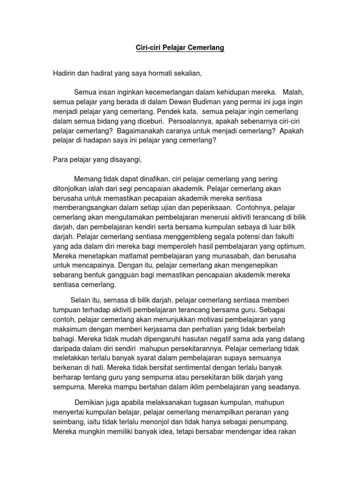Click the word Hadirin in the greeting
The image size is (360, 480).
coord(65,73)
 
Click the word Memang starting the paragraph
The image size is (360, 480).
coord(87,179)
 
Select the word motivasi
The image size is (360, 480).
coord(208,319)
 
